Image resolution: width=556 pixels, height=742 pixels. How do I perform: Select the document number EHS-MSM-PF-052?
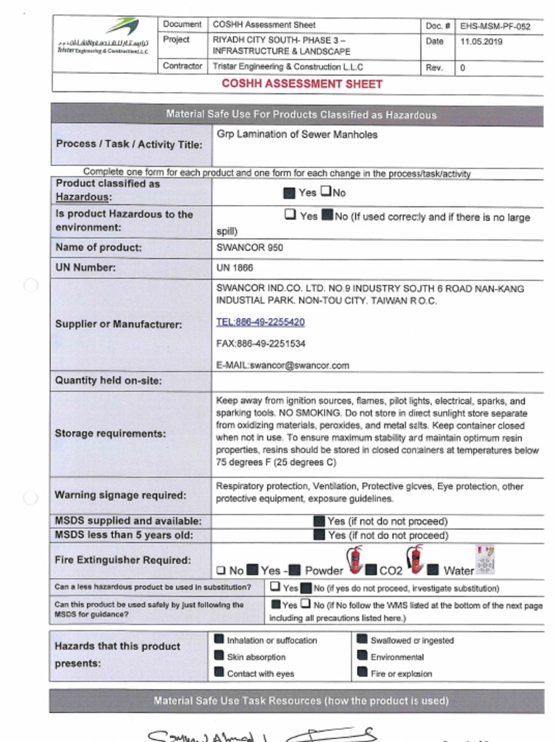(494, 26)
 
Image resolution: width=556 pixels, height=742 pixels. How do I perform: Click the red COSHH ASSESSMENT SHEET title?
(302, 84)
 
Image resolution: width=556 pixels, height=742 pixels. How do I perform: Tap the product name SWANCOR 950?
(250, 248)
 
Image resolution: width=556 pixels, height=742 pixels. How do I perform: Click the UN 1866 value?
(235, 268)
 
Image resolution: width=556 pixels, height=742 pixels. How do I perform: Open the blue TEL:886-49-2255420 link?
(260, 322)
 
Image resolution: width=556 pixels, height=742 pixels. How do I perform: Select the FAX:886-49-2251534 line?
(261, 343)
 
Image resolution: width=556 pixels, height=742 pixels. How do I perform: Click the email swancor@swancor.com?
(282, 365)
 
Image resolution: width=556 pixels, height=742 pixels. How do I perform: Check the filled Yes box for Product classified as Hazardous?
(289, 193)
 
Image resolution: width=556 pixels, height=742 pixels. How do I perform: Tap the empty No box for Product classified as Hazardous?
(326, 192)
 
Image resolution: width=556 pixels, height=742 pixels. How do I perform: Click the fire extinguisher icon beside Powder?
(355, 559)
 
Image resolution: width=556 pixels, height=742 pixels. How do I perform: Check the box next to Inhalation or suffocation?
(219, 640)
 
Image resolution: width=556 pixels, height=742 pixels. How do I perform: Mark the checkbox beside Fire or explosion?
(362, 673)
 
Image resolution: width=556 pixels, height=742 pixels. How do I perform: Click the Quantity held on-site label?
(109, 380)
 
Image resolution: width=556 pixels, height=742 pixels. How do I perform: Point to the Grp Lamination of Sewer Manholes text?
(297, 135)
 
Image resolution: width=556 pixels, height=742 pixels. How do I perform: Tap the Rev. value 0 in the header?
(463, 67)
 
